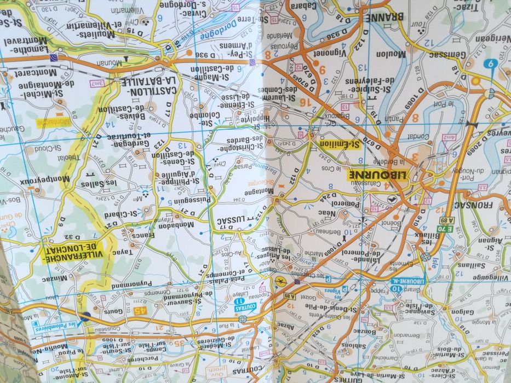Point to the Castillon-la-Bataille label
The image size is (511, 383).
149,85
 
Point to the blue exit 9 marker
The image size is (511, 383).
490,64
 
